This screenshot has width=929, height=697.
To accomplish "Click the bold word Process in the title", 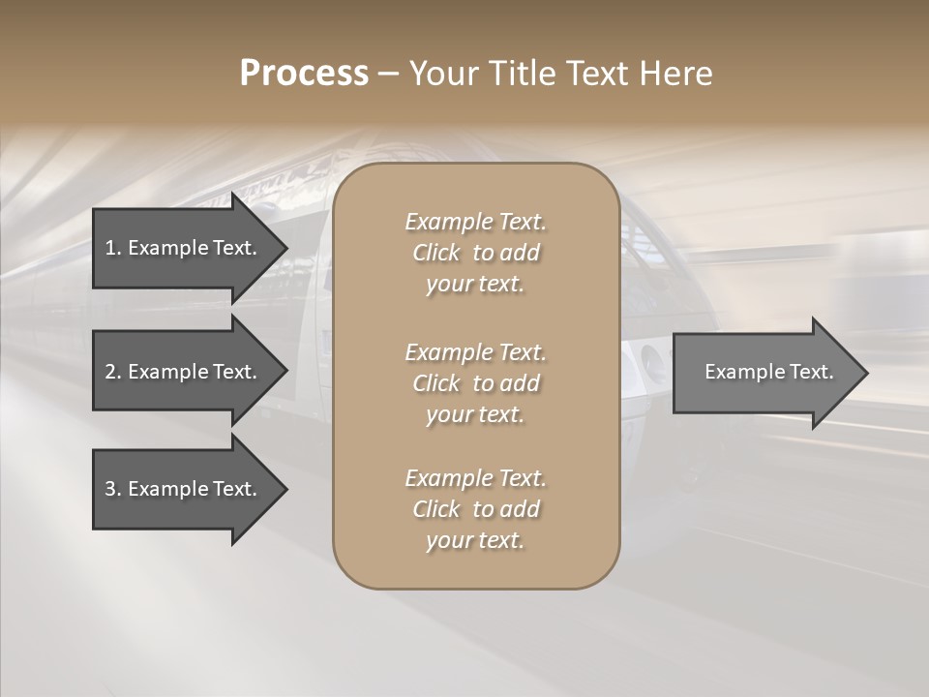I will [x=304, y=74].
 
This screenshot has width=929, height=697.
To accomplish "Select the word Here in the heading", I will [x=674, y=74].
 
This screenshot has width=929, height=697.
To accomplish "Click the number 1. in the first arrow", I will [x=113, y=248].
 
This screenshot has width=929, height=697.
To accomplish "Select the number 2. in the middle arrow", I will [x=113, y=372].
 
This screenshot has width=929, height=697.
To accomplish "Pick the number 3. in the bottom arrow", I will [x=113, y=489].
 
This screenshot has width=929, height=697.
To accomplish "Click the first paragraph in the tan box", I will [x=476, y=253].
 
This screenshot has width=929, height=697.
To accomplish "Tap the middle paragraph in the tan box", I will [x=476, y=383].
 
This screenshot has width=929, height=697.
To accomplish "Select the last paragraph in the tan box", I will [x=476, y=509].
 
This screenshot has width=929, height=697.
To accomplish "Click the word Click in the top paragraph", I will [x=436, y=253].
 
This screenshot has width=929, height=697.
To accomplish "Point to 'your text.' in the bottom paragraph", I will [x=475, y=540].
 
